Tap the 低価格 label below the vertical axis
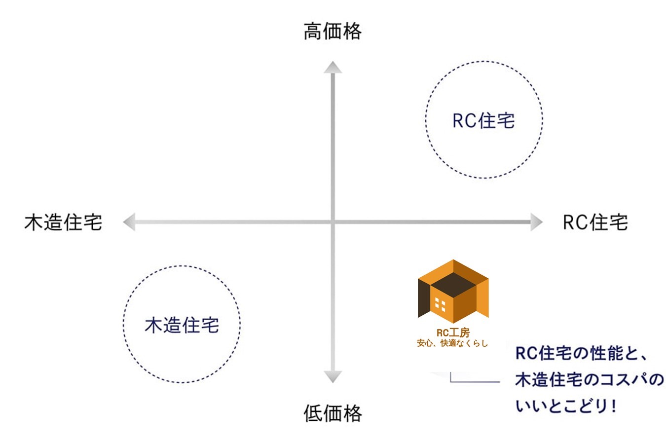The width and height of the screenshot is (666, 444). [x=333, y=413]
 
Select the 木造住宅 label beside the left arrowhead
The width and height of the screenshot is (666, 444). [x=63, y=222]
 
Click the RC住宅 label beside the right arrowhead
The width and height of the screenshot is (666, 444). [x=595, y=222]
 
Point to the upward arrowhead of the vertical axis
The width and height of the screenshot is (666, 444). [x=333, y=68]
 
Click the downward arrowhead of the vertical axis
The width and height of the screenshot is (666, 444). [x=333, y=376]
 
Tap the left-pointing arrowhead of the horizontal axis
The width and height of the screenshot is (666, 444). [x=129, y=222]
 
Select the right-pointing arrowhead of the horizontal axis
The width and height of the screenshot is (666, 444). [x=536, y=222]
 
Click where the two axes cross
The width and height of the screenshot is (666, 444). [x=333, y=222]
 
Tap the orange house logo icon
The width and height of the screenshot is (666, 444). [x=453, y=292]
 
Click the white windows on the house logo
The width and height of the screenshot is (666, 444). [x=441, y=305]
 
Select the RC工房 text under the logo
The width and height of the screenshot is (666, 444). [x=453, y=333]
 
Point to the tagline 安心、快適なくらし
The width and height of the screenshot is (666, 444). [x=452, y=343]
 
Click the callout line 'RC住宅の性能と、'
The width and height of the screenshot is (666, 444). [x=581, y=354]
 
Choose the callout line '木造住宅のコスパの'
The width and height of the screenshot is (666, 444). [x=590, y=380]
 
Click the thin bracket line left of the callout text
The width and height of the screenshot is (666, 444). [x=474, y=381]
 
